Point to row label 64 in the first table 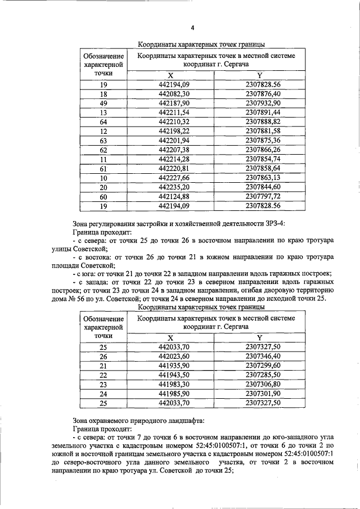click(103, 122)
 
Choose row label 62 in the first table click(103, 150)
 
